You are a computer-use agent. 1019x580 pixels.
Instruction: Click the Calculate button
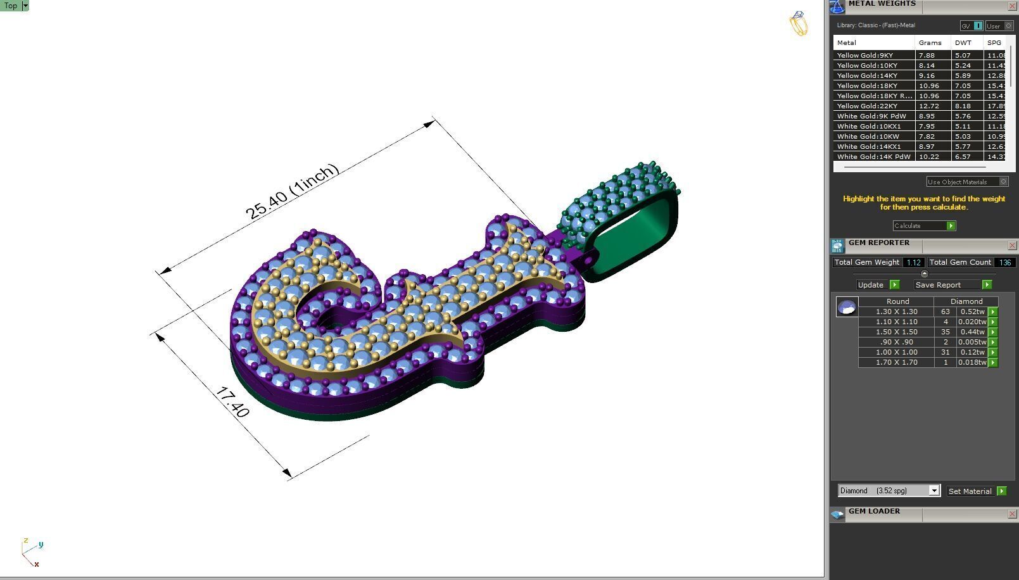pyautogui.click(x=923, y=226)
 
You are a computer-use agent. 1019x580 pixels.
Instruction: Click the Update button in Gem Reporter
pyautogui.click(x=877, y=285)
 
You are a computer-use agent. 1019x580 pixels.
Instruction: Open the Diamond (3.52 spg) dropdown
pyautogui.click(x=934, y=491)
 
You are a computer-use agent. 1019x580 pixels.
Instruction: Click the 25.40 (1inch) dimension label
pyautogui.click(x=292, y=192)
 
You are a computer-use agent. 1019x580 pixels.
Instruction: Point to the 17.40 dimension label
pyautogui.click(x=232, y=402)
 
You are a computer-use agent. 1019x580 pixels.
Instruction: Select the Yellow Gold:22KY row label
pyautogui.click(x=867, y=106)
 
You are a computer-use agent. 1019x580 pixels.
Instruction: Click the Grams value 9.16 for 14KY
pyautogui.click(x=927, y=76)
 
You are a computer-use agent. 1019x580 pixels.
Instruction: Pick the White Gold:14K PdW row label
pyautogui.click(x=873, y=157)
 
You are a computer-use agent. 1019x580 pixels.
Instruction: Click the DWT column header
pyautogui.click(x=963, y=43)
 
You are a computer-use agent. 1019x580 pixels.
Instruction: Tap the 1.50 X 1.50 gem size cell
pyautogui.click(x=896, y=332)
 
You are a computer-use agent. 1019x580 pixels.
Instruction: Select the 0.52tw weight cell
pyautogui.click(x=972, y=312)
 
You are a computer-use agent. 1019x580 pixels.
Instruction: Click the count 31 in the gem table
pyautogui.click(x=946, y=353)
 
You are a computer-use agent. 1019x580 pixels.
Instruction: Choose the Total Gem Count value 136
pyautogui.click(x=1004, y=263)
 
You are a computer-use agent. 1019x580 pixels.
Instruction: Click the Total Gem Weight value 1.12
pyautogui.click(x=913, y=263)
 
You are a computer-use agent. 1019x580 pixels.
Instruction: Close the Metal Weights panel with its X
pyautogui.click(x=1011, y=6)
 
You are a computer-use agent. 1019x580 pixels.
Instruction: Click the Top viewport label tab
pyautogui.click(x=11, y=6)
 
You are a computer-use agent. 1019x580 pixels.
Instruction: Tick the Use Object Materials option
pyautogui.click(x=1003, y=182)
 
